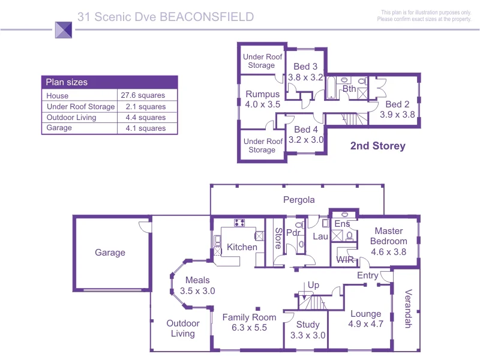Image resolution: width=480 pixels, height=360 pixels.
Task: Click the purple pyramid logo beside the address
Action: pos(64,30)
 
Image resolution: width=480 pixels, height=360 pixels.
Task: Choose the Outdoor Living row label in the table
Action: pos(71,118)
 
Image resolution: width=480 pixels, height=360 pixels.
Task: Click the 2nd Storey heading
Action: pos(377,146)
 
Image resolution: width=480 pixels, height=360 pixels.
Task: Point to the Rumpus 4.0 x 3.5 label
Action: pos(263,99)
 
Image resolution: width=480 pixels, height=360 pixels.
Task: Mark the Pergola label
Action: pos(299,200)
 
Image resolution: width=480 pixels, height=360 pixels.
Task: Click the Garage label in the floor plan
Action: pos(110,253)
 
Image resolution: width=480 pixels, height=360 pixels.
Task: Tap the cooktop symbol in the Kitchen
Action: pos(239,223)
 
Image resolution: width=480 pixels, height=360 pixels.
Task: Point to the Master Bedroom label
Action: pos(388,241)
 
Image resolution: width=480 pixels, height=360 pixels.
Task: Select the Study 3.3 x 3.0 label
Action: pos(308,330)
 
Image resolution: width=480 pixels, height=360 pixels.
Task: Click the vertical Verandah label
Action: pos(408,310)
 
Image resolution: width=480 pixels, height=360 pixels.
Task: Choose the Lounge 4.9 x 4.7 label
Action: pos(365,319)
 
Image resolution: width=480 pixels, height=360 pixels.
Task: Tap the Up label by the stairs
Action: pos(313,285)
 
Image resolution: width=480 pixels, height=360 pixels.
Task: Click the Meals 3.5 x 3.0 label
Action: pos(197,285)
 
